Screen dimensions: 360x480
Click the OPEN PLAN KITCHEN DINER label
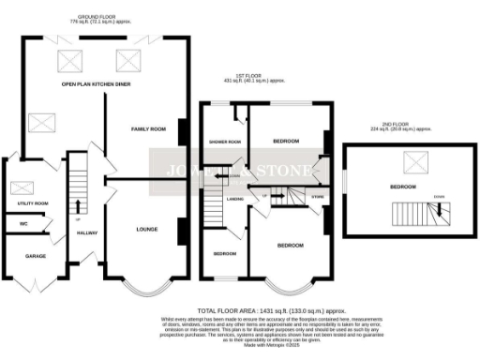[93, 84]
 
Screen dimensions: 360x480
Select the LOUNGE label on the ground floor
[146, 228]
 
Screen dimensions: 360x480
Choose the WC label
[12, 223]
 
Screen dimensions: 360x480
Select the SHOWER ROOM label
[226, 142]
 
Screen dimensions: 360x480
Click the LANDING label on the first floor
[235, 199]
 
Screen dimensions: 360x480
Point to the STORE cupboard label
[317, 197]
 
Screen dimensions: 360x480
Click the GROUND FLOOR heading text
[93, 16]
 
